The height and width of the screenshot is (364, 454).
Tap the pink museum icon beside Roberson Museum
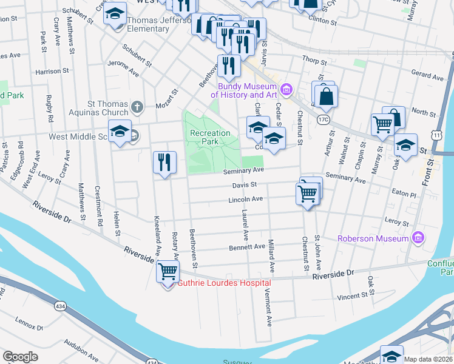tap(417, 238)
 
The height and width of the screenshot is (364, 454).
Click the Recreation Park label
tap(210, 137)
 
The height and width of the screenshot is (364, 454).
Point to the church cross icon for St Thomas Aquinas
tap(137, 108)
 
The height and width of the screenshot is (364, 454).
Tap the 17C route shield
tap(323, 120)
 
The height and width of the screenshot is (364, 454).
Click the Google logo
tap(21, 357)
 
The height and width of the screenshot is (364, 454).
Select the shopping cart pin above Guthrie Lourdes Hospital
tap(168, 271)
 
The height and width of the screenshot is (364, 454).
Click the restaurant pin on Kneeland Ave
tap(164, 163)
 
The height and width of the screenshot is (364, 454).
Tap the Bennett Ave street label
tap(247, 247)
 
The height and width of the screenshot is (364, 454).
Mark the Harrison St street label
tap(49, 72)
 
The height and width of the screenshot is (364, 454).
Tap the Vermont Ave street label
tap(266, 306)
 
